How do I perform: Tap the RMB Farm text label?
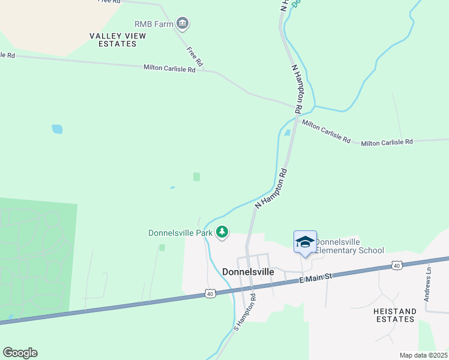[x=154, y=24]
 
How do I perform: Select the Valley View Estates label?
[x=118, y=40]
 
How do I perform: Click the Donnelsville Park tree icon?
[x=222, y=232]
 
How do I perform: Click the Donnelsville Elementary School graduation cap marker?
[x=305, y=242]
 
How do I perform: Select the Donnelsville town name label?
[x=248, y=271]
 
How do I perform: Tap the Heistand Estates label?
[x=394, y=315]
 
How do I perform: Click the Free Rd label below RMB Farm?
[x=194, y=56]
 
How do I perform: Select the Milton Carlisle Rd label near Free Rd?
[x=169, y=69]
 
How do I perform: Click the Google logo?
[x=20, y=352]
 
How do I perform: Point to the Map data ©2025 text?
[x=423, y=355]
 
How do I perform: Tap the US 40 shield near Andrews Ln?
[x=396, y=265]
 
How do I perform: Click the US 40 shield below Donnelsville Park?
[x=209, y=293]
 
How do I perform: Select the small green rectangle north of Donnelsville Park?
[x=196, y=176]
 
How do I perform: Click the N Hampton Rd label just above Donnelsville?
[x=271, y=188]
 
